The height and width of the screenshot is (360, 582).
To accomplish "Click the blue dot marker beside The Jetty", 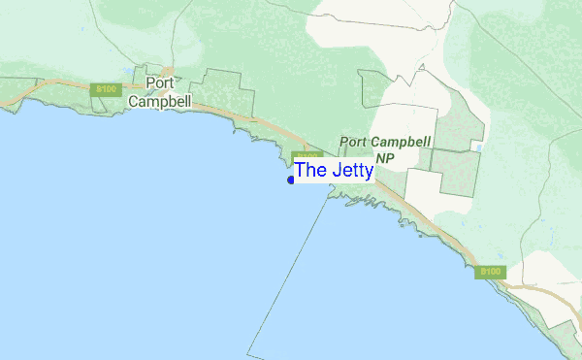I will pyautogui.click(x=291, y=180).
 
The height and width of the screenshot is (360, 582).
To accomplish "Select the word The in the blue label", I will pyautogui.click(x=311, y=170).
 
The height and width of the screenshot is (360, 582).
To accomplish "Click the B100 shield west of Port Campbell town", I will pyautogui.click(x=103, y=89).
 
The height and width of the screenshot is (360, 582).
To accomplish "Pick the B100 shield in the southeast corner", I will pyautogui.click(x=491, y=272).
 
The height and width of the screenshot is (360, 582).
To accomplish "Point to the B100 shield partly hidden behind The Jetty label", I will pyautogui.click(x=306, y=155).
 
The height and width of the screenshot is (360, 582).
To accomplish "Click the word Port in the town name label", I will pyautogui.click(x=160, y=82).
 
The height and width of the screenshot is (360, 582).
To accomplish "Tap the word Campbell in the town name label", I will pyautogui.click(x=160, y=100).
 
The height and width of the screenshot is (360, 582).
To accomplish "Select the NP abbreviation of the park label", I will pyautogui.click(x=385, y=157).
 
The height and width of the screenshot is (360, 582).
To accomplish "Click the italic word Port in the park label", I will pyautogui.click(x=356, y=142).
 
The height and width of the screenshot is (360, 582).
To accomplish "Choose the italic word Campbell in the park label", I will pyautogui.click(x=402, y=142).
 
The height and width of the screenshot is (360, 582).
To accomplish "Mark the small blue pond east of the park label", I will pyautogui.click(x=476, y=147).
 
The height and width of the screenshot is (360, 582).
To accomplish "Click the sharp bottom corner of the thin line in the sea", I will pyautogui.click(x=248, y=353).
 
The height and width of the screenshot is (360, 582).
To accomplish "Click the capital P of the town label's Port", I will pyautogui.click(x=150, y=82).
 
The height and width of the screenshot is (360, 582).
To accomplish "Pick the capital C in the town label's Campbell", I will pyautogui.click(x=135, y=100).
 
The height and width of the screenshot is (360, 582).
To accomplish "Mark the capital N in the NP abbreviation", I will pyautogui.click(x=380, y=157).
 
